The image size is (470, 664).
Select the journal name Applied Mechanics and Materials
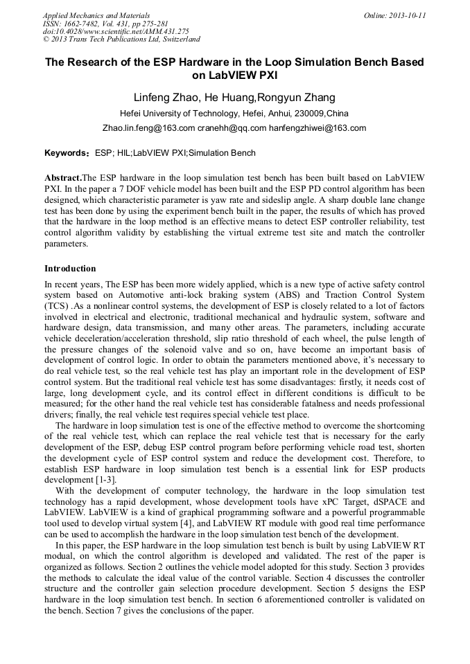[x=96, y=15]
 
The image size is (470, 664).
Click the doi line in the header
[x=115, y=31]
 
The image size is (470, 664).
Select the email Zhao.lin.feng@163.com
[x=148, y=128]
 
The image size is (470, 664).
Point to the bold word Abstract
[x=62, y=178]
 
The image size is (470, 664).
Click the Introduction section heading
[x=70, y=269]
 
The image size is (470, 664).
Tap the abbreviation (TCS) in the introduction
[x=59, y=306]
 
